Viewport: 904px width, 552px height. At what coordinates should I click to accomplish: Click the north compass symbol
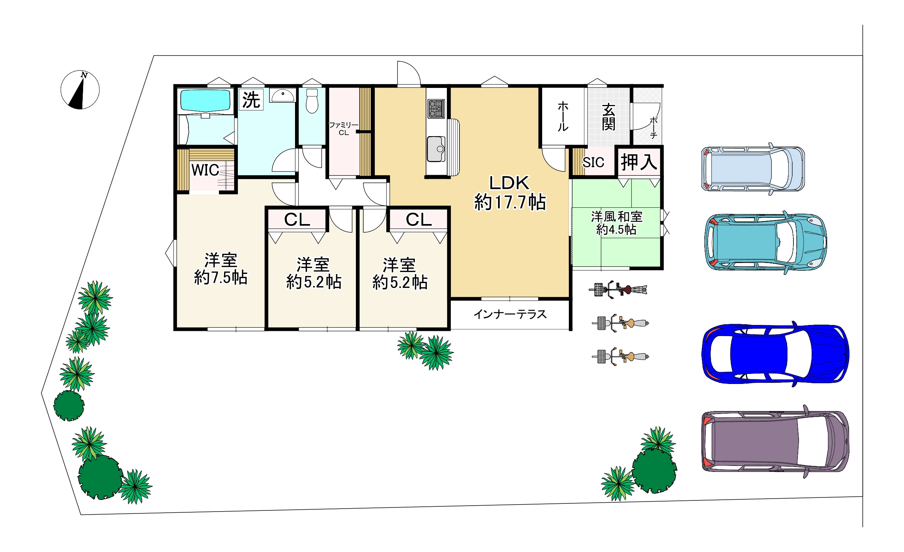tap(80, 90)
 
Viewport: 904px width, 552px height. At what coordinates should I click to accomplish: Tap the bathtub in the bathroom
tap(206, 100)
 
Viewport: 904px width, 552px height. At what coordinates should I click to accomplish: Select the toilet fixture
tap(312, 101)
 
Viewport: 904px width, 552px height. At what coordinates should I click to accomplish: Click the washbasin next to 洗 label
tap(283, 95)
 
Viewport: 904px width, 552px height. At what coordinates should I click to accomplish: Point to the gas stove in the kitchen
tap(436, 108)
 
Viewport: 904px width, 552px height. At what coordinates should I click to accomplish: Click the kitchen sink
tap(436, 149)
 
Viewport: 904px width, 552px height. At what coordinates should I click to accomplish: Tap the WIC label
tap(205, 170)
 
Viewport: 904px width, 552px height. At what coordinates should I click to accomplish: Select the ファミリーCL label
tap(344, 129)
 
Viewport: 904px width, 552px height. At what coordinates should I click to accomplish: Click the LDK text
tap(509, 183)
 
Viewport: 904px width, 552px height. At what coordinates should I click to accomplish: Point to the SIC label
tap(593, 162)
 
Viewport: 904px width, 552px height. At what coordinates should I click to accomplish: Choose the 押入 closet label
tap(639, 162)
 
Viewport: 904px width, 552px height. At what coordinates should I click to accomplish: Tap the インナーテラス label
tap(510, 315)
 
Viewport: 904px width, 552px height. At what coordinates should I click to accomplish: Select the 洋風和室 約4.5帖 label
tap(616, 223)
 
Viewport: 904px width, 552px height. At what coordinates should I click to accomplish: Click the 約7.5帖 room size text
tap(221, 277)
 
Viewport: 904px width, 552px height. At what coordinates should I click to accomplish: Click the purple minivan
tap(776, 441)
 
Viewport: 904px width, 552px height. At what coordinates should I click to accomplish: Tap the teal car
tap(766, 242)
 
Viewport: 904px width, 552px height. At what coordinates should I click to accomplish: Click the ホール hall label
tap(563, 116)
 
